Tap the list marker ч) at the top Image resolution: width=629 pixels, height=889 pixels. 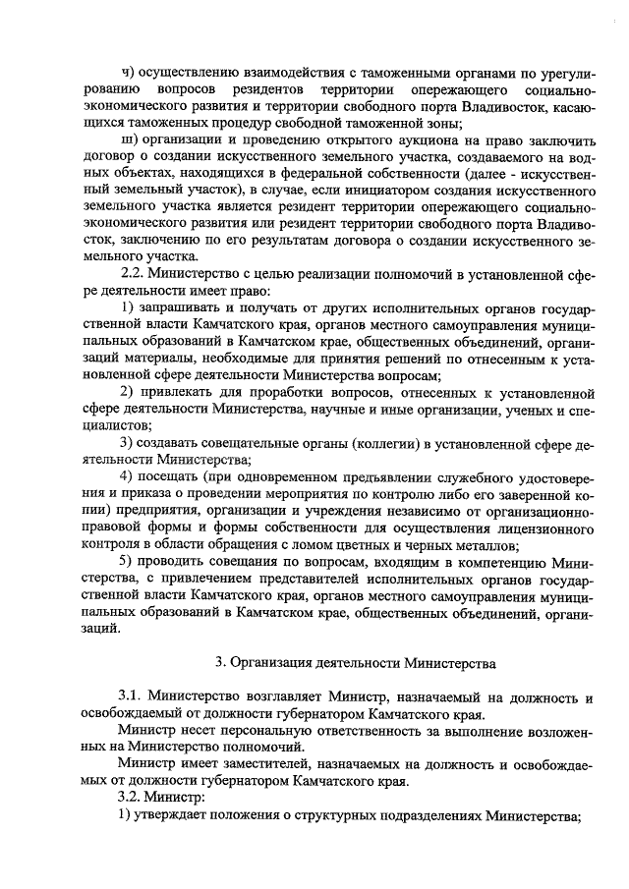(x=125, y=71)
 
